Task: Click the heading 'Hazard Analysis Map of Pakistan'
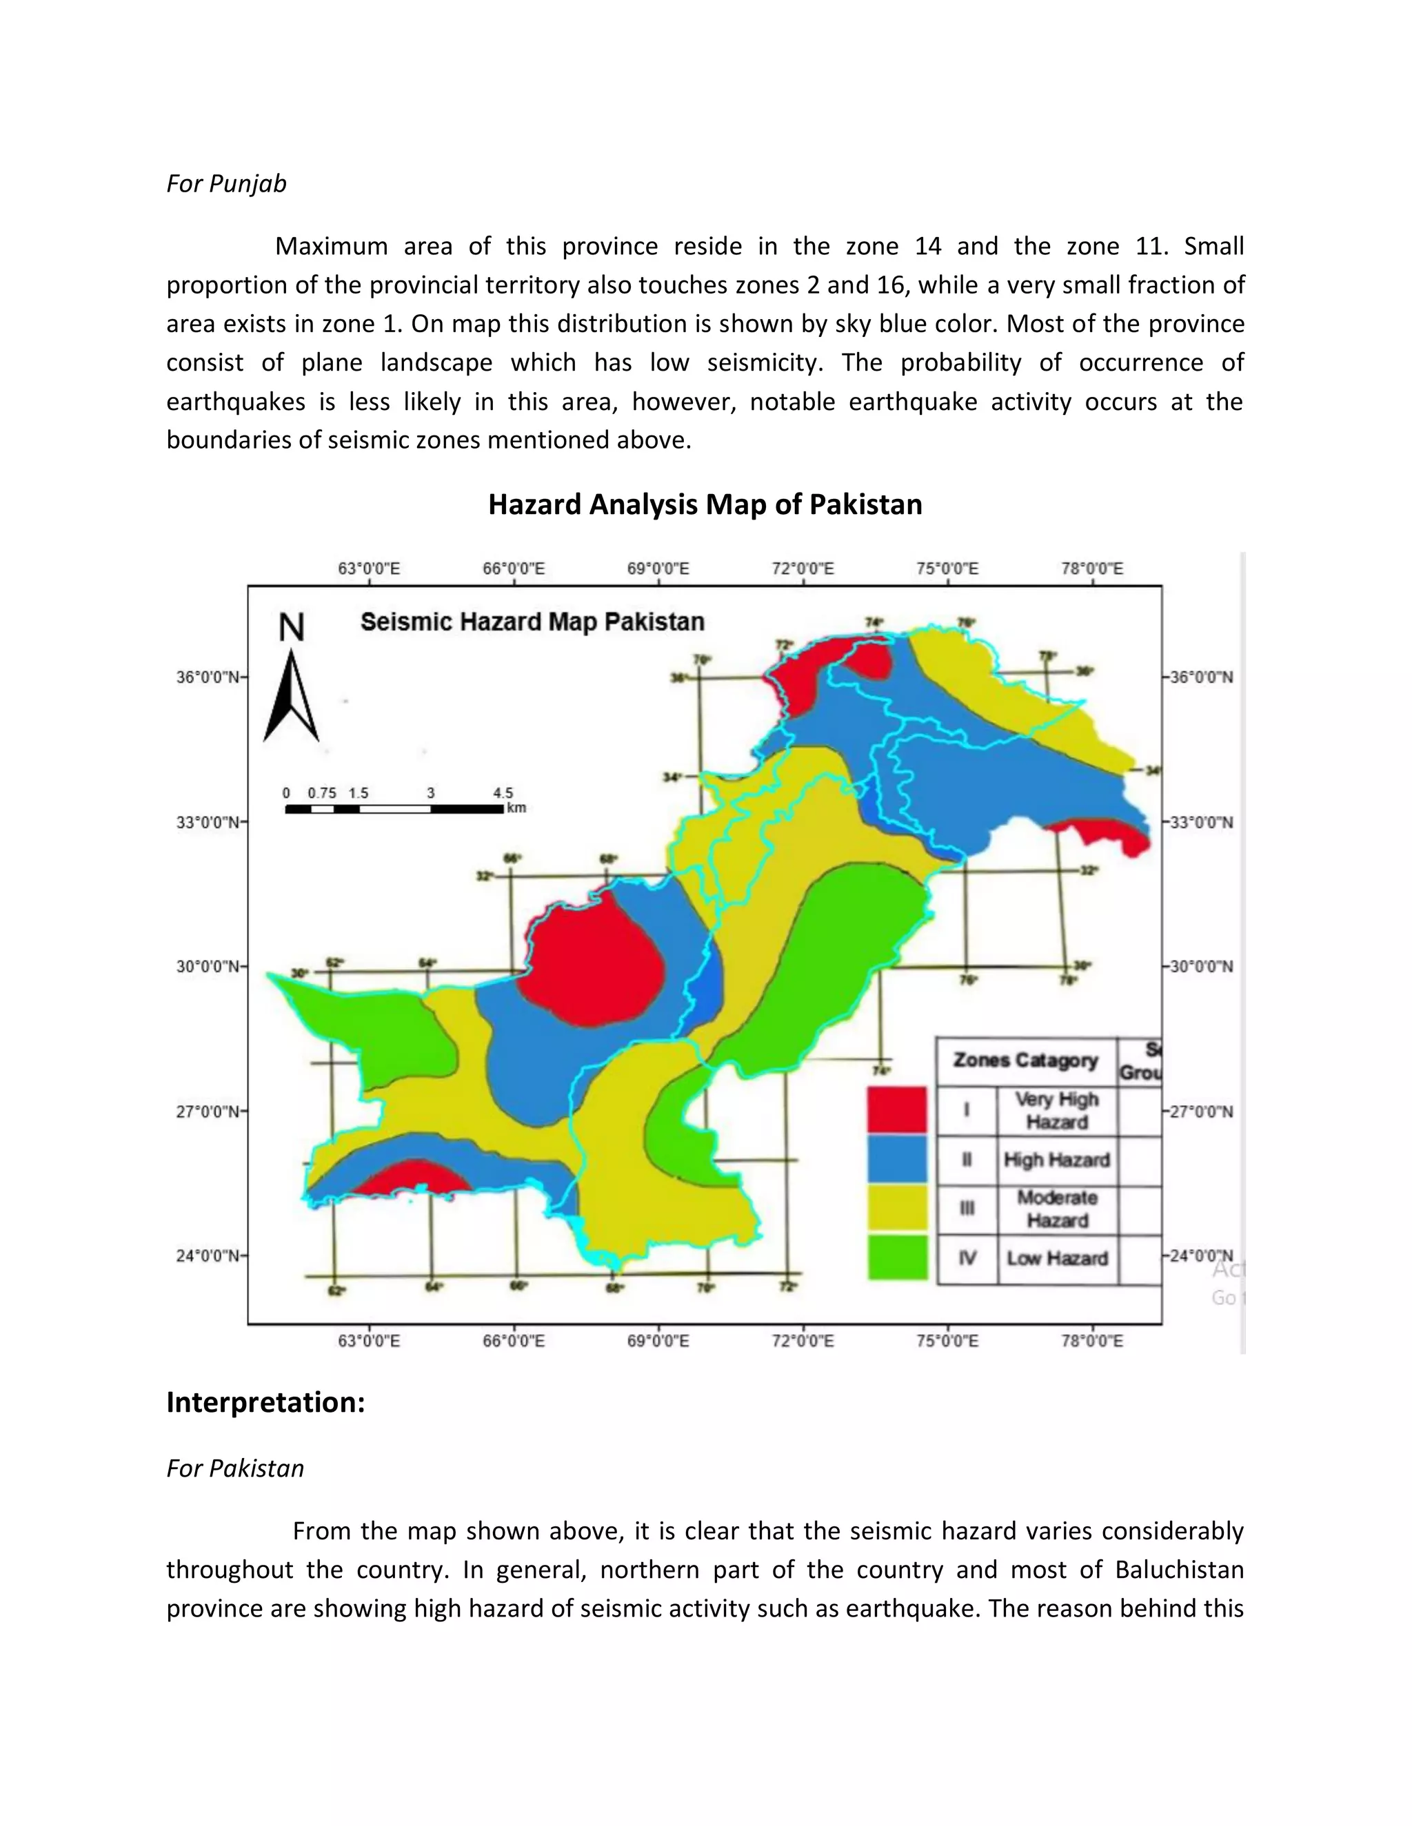705,505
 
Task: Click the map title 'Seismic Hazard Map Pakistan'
532,622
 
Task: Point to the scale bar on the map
394,808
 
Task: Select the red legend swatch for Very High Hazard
897,1109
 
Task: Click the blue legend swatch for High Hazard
897,1159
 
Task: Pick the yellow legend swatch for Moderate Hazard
897,1208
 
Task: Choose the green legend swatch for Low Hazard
897,1258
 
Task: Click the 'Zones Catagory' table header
1025,1060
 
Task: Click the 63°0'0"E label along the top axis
369,568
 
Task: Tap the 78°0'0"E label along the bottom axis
1093,1341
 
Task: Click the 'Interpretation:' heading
266,1403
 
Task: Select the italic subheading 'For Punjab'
227,184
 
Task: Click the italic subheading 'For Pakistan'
235,1469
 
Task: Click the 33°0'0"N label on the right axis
1201,822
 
